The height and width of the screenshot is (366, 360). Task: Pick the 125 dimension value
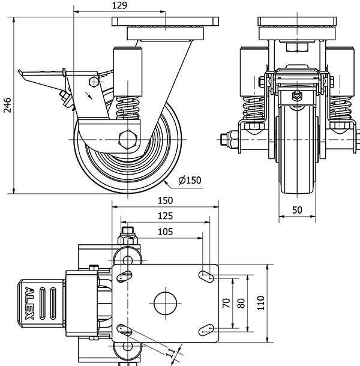pos(162,216)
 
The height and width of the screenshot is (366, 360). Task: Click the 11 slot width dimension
pos(170,353)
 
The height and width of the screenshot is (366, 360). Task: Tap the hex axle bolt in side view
pos(128,139)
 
